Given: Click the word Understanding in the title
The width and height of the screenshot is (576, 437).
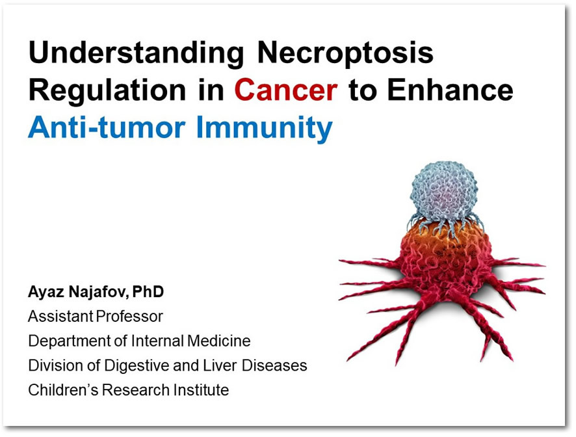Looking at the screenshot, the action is pyautogui.click(x=136, y=53).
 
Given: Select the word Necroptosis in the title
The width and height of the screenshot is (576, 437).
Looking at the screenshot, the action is pyautogui.click(x=345, y=53).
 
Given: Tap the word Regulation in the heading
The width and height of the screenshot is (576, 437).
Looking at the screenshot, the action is pyautogui.click(x=108, y=90).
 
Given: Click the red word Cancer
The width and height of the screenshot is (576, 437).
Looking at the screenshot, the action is pyautogui.click(x=286, y=90).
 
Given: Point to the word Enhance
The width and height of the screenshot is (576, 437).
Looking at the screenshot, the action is pyautogui.click(x=450, y=90).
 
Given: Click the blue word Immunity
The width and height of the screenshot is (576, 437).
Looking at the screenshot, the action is pyautogui.click(x=265, y=128).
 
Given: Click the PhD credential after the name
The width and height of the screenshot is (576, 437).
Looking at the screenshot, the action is pyautogui.click(x=148, y=291).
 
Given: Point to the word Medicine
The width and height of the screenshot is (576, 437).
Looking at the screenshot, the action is pyautogui.click(x=219, y=341).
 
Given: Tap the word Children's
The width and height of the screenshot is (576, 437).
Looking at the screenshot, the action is pyautogui.click(x=63, y=390).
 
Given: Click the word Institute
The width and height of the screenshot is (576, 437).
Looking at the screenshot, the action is pyautogui.click(x=202, y=390).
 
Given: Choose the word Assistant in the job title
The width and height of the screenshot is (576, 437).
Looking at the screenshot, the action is pyautogui.click(x=60, y=316).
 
